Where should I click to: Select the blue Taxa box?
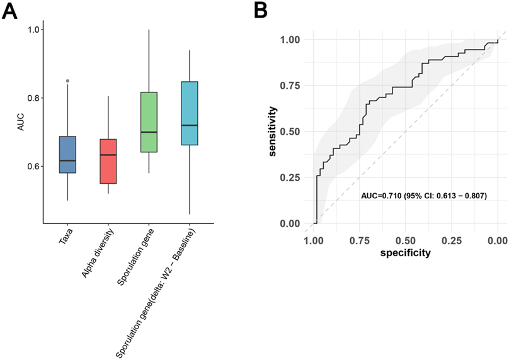point(67,155)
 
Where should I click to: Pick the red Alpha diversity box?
point(108,161)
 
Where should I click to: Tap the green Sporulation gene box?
point(149,122)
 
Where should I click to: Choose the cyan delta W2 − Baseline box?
point(189,113)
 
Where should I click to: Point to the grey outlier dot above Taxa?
point(67,81)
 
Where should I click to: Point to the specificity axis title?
point(404,253)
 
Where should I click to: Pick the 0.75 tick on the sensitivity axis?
point(291,86)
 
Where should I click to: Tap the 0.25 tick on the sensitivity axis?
point(291,177)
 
